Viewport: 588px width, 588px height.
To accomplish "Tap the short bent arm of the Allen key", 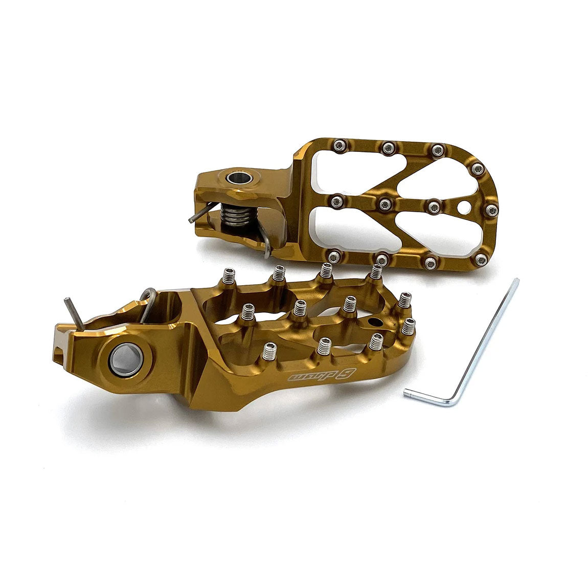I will pyautogui.click(x=428, y=398).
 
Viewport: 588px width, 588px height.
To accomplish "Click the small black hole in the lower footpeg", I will pyautogui.click(x=376, y=322).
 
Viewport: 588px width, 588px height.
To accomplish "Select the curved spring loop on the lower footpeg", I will pyautogui.click(x=147, y=297).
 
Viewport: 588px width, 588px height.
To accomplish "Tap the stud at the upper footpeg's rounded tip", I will pyautogui.click(x=491, y=210).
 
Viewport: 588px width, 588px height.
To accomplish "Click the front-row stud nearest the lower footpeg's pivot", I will pyautogui.click(x=269, y=351).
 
